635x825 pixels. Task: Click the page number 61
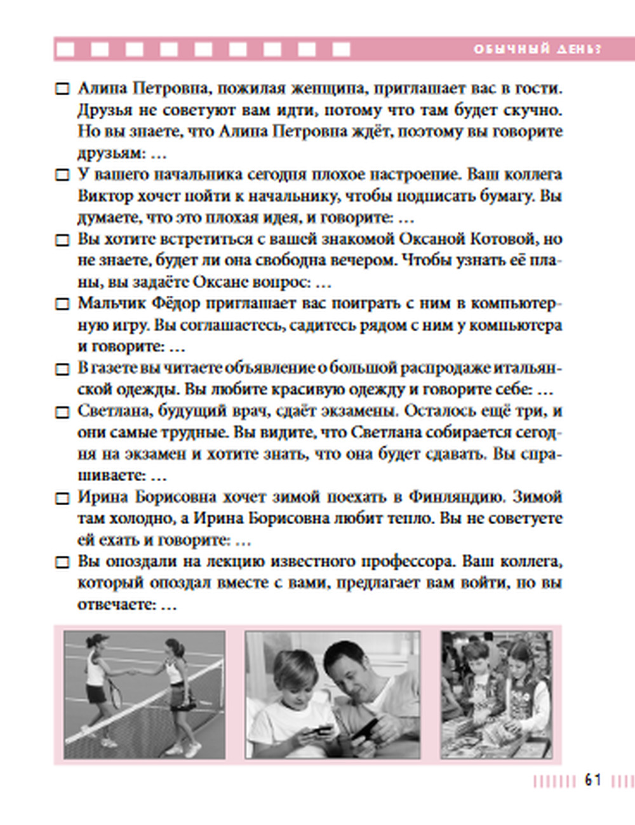coord(592,780)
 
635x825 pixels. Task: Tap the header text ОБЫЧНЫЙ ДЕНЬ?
coord(537,49)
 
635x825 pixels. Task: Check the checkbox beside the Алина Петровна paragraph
coord(62,89)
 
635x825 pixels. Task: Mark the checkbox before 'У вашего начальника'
coord(62,175)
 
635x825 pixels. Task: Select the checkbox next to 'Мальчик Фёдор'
coord(62,304)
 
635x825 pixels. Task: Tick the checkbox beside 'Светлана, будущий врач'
coord(62,412)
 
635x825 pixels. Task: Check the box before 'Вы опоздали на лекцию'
coord(62,562)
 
